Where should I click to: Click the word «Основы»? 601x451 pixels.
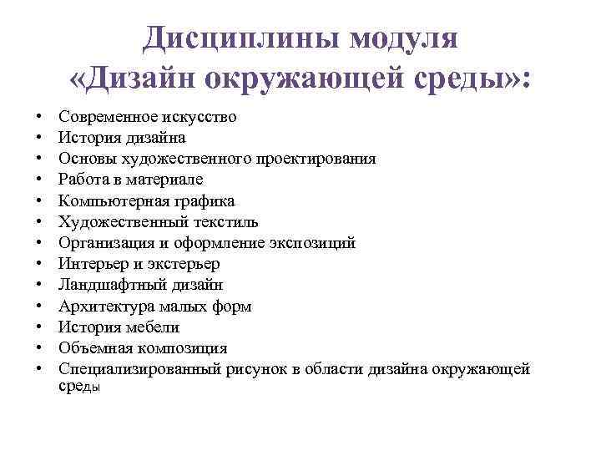tap(83, 159)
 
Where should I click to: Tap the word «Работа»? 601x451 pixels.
tap(83, 180)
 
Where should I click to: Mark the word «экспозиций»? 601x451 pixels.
tap(313, 243)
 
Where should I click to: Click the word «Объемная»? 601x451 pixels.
tap(92, 348)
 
